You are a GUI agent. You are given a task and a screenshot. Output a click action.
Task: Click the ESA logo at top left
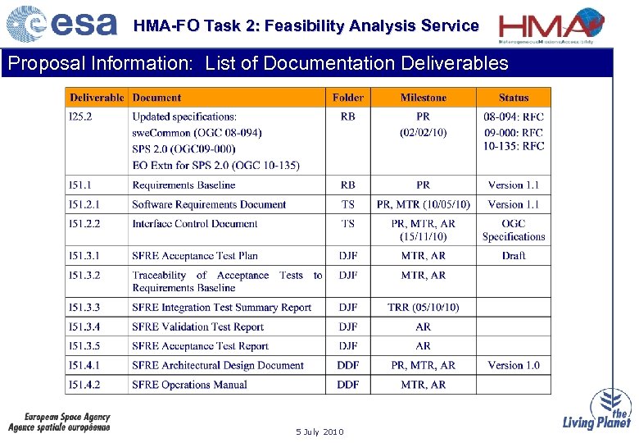[x=61, y=24]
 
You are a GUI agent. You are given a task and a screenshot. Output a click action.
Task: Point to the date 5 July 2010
[x=319, y=432]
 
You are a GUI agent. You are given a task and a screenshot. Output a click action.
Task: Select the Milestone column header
[x=423, y=98]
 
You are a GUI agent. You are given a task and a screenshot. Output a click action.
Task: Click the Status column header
[x=514, y=98]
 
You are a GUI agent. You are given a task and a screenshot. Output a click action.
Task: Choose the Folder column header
[x=347, y=98]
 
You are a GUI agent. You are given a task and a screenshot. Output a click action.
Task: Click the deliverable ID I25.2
[x=80, y=117]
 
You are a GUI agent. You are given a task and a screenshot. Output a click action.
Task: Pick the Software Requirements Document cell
[x=209, y=204]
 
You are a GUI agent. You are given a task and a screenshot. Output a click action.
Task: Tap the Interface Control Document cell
[x=195, y=224]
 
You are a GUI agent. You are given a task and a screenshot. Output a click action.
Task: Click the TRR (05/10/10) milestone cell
[x=423, y=308]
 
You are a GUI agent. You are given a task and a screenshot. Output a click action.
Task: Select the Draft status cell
[x=514, y=256]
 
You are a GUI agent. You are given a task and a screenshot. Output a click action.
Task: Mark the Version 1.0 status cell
[x=514, y=366]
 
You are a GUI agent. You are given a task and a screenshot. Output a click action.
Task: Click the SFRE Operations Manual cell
[x=189, y=385]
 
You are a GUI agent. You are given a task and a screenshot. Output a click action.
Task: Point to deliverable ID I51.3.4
[x=84, y=327]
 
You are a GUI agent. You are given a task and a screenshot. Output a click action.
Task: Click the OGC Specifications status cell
[x=514, y=231]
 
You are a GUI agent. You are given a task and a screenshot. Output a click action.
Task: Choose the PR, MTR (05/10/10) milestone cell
[x=423, y=204]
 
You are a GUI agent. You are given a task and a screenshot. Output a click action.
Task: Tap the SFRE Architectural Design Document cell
[x=218, y=366]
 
